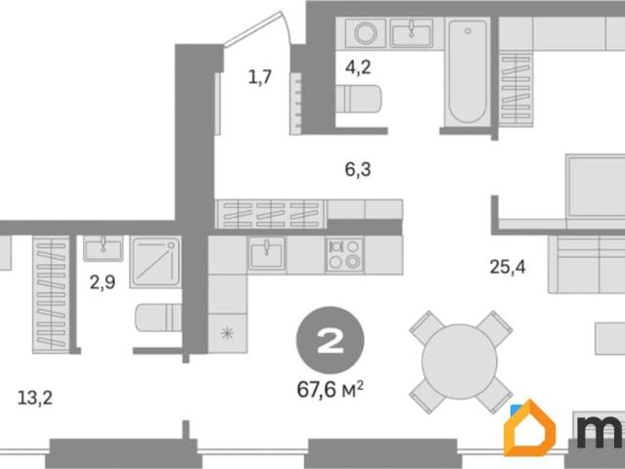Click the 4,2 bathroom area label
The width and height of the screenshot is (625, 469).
tap(358, 67)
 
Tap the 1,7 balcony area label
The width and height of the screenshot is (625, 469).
tap(259, 76)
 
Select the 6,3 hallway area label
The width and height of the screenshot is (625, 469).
tap(358, 169)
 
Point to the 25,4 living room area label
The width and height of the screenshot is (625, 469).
tap(508, 267)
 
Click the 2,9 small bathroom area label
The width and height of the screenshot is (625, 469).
tap(103, 282)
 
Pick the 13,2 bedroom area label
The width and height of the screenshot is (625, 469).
tap(35, 398)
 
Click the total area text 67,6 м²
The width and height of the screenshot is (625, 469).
tap(330, 389)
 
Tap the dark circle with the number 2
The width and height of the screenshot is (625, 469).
tap(330, 340)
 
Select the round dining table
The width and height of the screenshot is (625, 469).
tap(460, 362)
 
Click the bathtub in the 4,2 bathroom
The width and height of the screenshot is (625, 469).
tap(468, 71)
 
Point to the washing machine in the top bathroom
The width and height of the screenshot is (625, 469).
tap(366, 32)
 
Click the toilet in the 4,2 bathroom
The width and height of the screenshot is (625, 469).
tap(358, 99)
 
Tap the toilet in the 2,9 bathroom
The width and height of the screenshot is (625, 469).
tap(158, 318)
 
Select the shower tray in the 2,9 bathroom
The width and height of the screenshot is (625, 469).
tap(156, 262)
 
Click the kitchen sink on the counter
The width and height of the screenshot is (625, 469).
tap(267, 255)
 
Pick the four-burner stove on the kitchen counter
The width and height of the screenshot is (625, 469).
tap(344, 255)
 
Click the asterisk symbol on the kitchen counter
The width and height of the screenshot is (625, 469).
tap(227, 333)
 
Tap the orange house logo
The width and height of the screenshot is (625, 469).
tap(529, 428)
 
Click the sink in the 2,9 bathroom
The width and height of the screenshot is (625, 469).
tap(104, 248)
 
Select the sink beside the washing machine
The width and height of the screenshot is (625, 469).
tap(412, 32)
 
